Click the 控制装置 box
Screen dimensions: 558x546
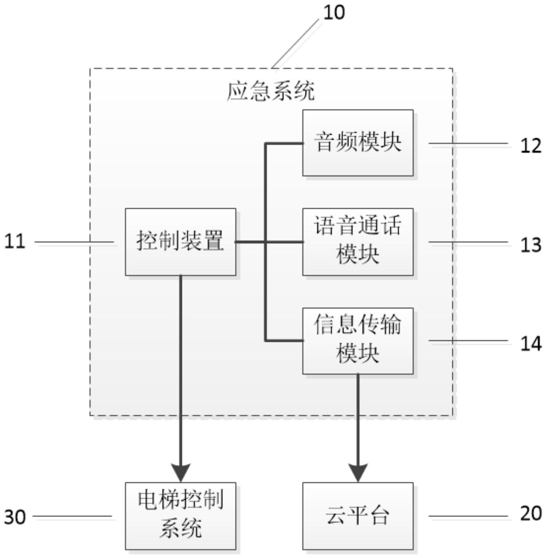coord(181,242)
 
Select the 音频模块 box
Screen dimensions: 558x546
coord(358,143)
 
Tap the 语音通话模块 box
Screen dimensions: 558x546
coord(358,242)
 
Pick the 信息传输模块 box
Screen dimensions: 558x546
coord(358,341)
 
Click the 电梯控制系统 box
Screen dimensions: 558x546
coord(181,516)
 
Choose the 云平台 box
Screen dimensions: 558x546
coord(358,516)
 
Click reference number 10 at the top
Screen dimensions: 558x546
coord(334,13)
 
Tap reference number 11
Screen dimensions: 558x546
coord(15,241)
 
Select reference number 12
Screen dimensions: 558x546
coord(531,146)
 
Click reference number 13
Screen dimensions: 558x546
coord(531,245)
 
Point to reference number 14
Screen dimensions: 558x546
coord(531,344)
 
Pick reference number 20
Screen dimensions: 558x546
coord(531,513)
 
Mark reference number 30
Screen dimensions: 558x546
coord(15,517)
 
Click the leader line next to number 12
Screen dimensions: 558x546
coord(468,143)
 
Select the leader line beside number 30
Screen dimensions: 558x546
coord(73,516)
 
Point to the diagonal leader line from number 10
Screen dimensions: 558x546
coord(295,43)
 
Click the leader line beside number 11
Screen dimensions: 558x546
coord(74,242)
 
